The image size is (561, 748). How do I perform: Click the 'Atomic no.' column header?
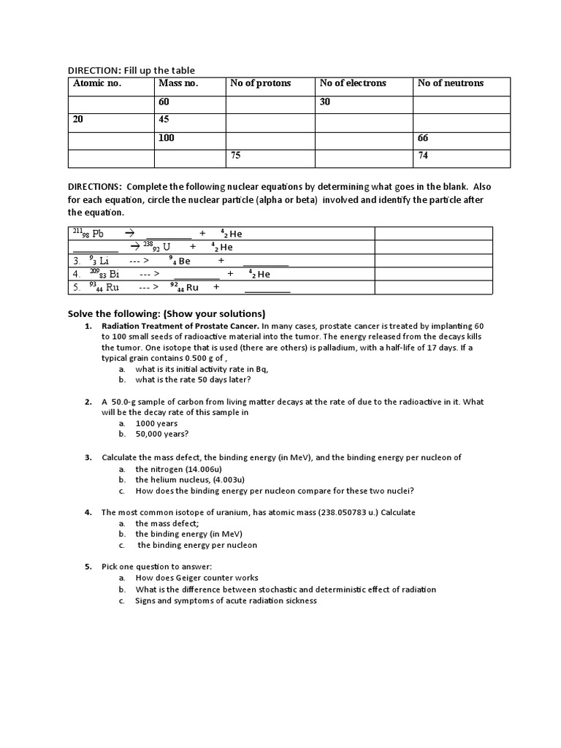pos(97,83)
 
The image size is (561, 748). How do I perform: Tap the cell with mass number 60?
pos(164,102)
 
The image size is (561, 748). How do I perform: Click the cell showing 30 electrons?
pos(325,102)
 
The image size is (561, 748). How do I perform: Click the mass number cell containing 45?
pos(164,120)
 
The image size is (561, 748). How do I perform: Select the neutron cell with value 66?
pos(424,138)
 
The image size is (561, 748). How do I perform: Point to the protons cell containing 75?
pos(236,156)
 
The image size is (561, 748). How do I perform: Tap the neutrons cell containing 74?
pos(424,156)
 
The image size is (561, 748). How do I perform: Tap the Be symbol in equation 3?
pos(183,261)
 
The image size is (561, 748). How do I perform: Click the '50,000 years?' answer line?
pos(161,434)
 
